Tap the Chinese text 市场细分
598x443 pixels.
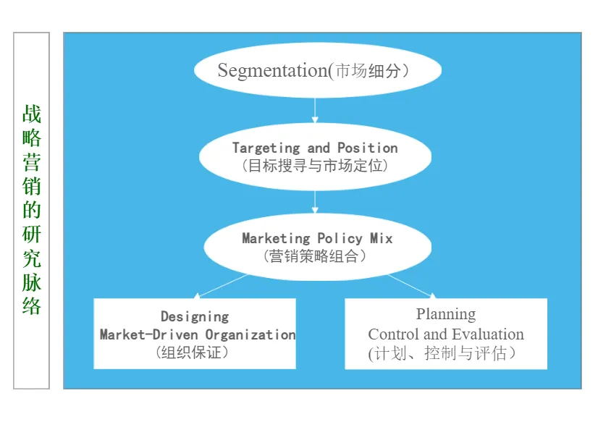pyautogui.click(x=370, y=71)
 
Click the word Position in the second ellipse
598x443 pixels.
pyautogui.click(x=367, y=148)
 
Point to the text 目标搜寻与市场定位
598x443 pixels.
pyautogui.click(x=316, y=165)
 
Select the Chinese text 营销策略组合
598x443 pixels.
pyautogui.click(x=316, y=256)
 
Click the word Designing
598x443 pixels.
pyautogui.click(x=195, y=316)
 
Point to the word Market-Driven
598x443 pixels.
pyautogui.click(x=150, y=334)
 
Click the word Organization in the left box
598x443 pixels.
pyautogui.click(x=250, y=334)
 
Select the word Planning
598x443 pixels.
pyautogui.click(x=446, y=314)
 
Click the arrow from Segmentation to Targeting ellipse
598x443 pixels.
pyautogui.click(x=316, y=109)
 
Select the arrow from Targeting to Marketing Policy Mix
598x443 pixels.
pyautogui.click(x=316, y=201)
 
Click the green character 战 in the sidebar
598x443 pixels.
pyautogui.click(x=32, y=114)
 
